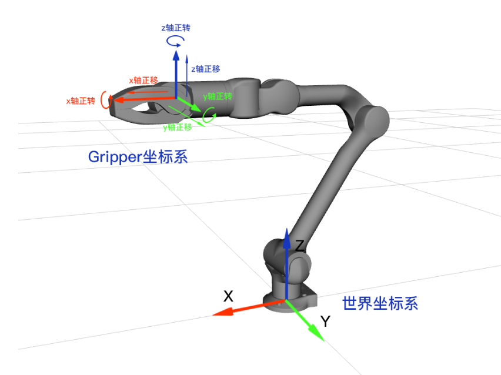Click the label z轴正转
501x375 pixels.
175,28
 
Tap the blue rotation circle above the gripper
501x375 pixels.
175,41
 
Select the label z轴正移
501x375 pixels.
205,69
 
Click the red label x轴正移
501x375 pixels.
143,80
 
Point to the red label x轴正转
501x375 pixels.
81,101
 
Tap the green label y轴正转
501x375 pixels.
218,96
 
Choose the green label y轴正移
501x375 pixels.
178,126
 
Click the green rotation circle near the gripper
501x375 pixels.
208,116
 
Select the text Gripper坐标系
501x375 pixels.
138,157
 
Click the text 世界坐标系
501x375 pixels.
380,303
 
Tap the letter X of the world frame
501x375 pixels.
228,296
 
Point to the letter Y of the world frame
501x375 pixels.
325,321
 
